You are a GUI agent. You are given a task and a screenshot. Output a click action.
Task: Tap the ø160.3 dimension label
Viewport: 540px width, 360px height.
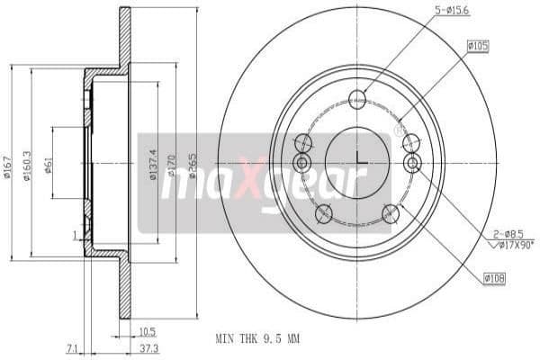click(28, 165)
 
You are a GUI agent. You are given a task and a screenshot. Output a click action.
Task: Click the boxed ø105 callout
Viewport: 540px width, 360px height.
click(478, 44)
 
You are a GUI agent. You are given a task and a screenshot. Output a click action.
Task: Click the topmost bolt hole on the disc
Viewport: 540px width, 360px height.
click(357, 99)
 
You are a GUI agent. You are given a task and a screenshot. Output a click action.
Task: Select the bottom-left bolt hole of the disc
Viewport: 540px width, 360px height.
click(323, 213)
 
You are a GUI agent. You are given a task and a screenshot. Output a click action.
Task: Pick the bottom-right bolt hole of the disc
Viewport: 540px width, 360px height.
click(391, 213)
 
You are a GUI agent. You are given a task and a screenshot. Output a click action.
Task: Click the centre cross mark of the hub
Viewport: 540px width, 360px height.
click(357, 163)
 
